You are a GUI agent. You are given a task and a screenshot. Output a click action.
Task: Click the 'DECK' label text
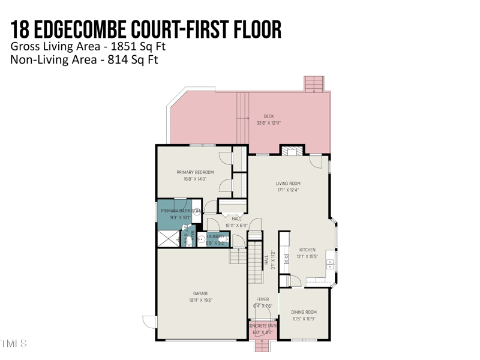coord(268,116)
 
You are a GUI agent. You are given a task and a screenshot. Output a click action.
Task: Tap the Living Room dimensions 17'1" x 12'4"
coord(288,190)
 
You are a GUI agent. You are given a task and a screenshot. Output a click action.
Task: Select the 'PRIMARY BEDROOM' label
coord(195,172)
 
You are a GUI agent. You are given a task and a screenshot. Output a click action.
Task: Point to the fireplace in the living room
coord(293,151)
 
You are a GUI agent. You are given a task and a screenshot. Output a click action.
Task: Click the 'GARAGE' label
coord(200,293)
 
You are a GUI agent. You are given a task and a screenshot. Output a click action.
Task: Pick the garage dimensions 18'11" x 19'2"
coord(200,300)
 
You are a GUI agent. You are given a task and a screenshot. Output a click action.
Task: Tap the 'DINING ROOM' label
coord(304,312)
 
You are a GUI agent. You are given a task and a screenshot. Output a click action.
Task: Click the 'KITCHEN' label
coord(307,250)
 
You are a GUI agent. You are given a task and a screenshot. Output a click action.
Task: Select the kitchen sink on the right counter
coord(330,263)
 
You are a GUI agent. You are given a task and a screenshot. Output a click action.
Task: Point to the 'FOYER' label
coord(263,299)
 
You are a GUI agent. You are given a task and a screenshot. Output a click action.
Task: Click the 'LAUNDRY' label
coord(215,237)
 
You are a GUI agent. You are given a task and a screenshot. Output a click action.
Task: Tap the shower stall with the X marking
coord(168,238)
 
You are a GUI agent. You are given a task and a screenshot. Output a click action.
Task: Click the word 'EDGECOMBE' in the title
coord(95,29)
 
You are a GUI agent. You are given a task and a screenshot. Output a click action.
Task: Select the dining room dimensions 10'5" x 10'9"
coord(304,319)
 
